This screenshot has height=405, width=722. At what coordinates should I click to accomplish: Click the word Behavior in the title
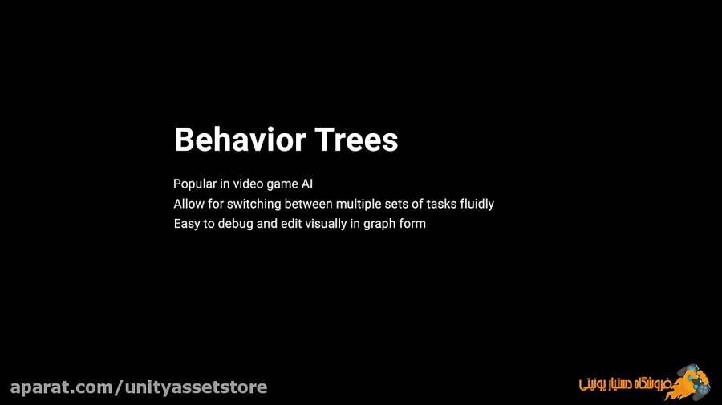click(240, 140)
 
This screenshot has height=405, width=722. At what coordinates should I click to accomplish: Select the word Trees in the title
click(356, 140)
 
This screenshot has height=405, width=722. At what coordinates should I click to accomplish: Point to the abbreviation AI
click(307, 184)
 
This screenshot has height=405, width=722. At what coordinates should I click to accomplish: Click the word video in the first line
click(248, 184)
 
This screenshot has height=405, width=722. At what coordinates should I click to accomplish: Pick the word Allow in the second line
click(189, 204)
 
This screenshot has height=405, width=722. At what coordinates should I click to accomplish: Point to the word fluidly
click(477, 205)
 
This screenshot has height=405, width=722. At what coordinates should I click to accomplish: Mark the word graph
click(378, 225)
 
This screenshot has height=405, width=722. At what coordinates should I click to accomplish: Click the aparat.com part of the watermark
click(62, 387)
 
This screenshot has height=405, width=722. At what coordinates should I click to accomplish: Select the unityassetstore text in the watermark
click(197, 387)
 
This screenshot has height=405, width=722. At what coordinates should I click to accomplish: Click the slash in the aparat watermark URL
click(120, 387)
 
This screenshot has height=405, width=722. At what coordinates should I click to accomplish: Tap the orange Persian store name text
click(624, 384)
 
